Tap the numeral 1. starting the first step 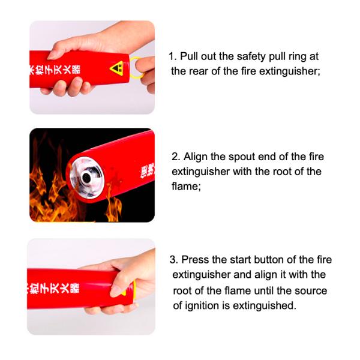click(173, 56)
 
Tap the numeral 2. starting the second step click(175, 157)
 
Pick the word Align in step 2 click(195, 157)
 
